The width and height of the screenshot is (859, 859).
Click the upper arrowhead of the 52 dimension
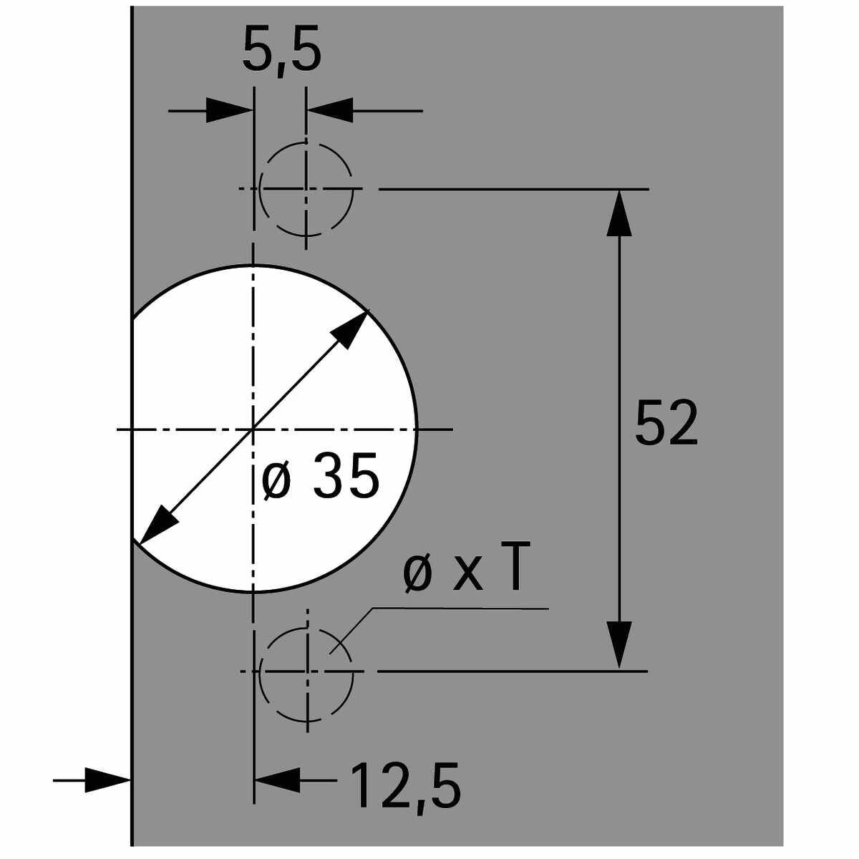click(x=618, y=213)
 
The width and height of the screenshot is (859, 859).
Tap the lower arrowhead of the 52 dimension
click(x=618, y=645)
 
